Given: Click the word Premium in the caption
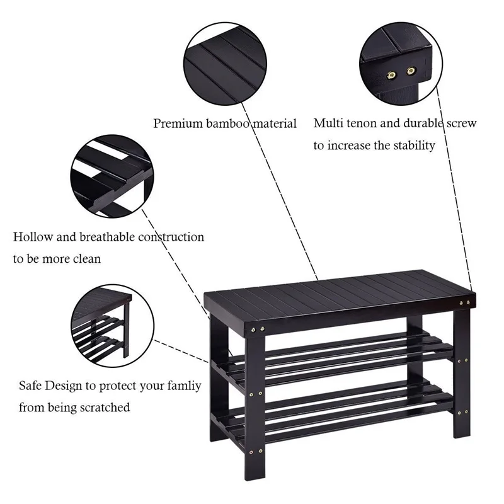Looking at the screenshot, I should point(178,123).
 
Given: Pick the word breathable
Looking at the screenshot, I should point(104,237).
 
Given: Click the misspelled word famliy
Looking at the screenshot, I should point(180,385).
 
